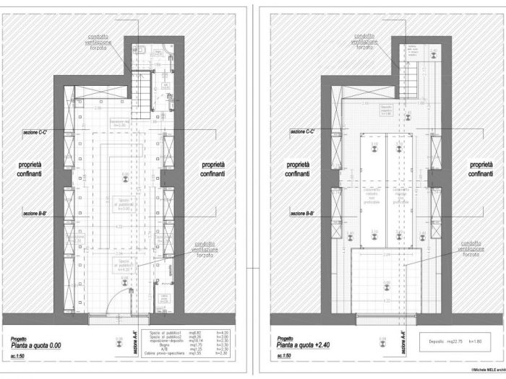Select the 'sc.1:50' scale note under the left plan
[20, 356]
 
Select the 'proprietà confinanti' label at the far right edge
[480, 170]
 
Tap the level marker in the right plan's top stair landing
[434, 53]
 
